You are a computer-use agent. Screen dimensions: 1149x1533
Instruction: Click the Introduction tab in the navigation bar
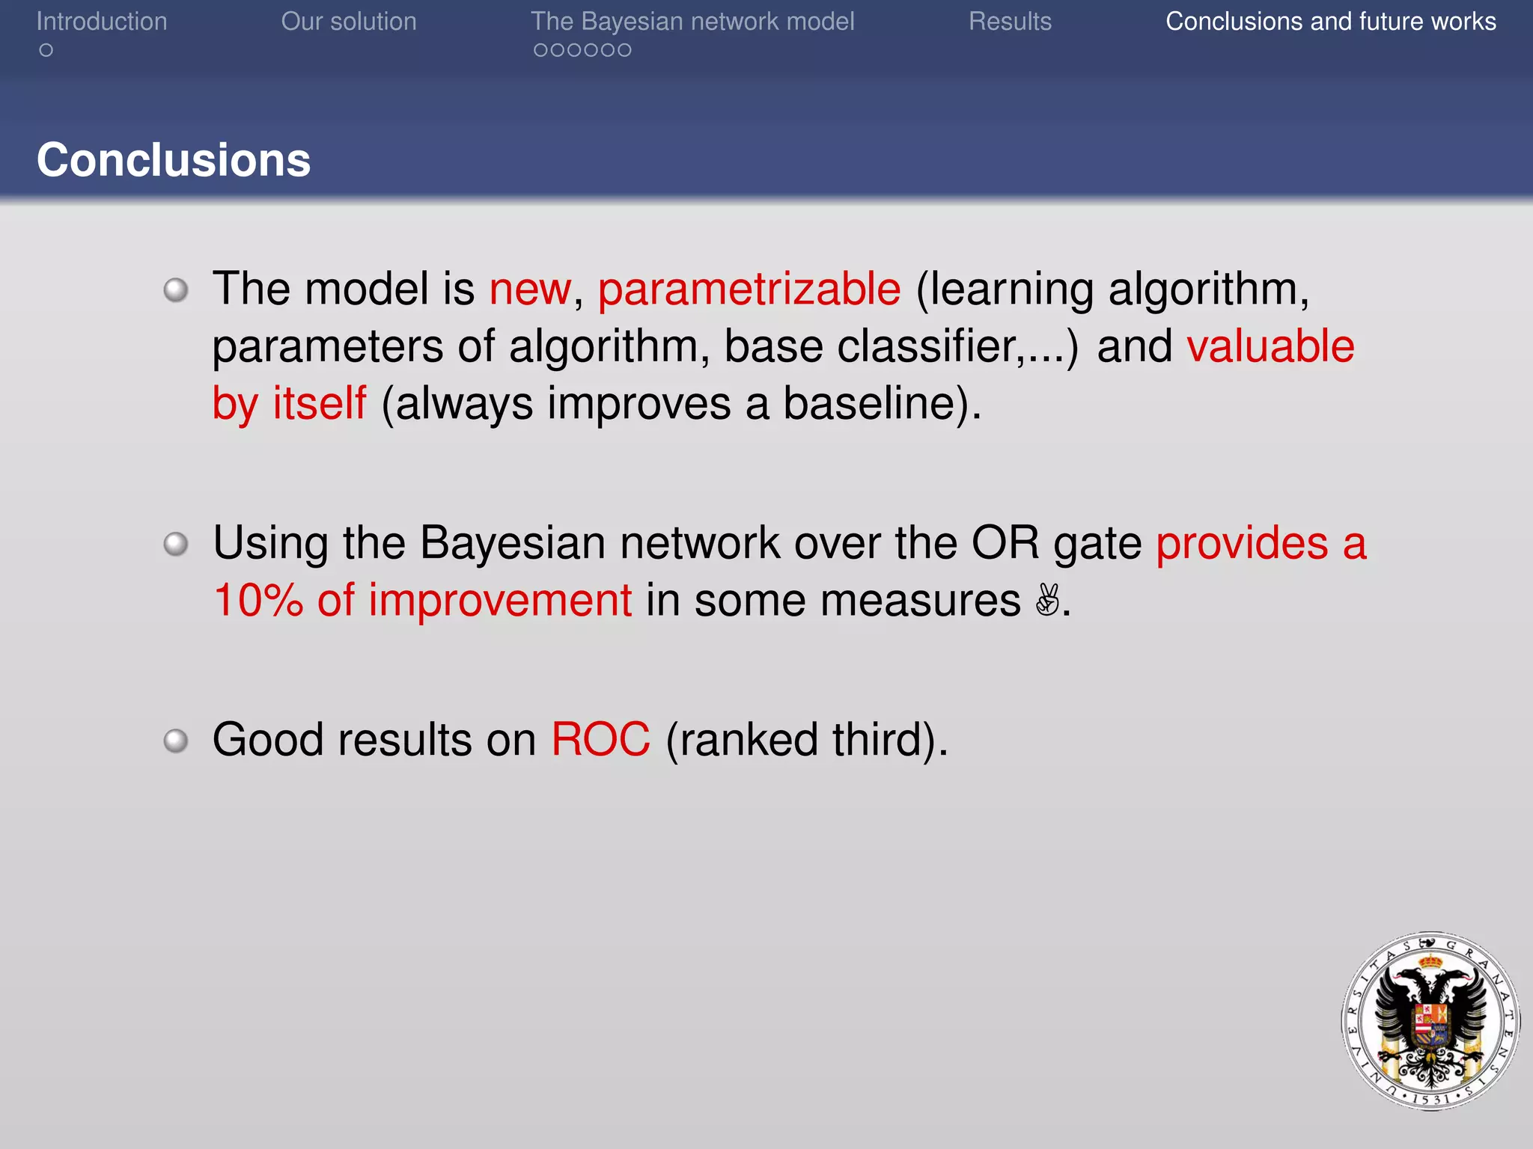pyautogui.click(x=102, y=22)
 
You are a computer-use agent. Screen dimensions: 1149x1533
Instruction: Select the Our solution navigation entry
pyautogui.click(x=348, y=22)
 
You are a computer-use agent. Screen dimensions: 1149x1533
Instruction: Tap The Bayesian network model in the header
pyautogui.click(x=692, y=22)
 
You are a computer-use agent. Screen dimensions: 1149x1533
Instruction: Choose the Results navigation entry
pyautogui.click(x=1010, y=22)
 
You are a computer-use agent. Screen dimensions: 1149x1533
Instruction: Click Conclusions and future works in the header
pyautogui.click(x=1330, y=22)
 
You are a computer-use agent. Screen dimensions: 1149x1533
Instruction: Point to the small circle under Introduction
pyautogui.click(x=46, y=50)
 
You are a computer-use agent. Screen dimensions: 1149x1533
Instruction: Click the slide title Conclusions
pyautogui.click(x=173, y=160)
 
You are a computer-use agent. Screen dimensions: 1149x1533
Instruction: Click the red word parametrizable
pyautogui.click(x=749, y=289)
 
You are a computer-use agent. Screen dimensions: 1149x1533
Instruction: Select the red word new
pyautogui.click(x=530, y=289)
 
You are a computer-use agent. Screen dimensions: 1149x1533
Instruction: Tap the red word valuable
pyautogui.click(x=1270, y=346)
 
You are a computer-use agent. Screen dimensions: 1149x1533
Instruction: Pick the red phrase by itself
pyautogui.click(x=289, y=404)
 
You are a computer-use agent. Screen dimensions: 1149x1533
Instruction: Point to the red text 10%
pyautogui.click(x=257, y=601)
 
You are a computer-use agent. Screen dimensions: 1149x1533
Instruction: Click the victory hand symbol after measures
pyautogui.click(x=1047, y=600)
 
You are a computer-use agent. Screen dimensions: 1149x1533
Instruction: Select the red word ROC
pyautogui.click(x=600, y=740)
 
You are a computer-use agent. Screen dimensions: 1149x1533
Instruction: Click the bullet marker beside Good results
pyautogui.click(x=176, y=741)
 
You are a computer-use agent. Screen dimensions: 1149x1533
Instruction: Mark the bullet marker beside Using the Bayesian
pyautogui.click(x=176, y=544)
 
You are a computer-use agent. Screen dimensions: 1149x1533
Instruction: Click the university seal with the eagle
pyautogui.click(x=1430, y=1020)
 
